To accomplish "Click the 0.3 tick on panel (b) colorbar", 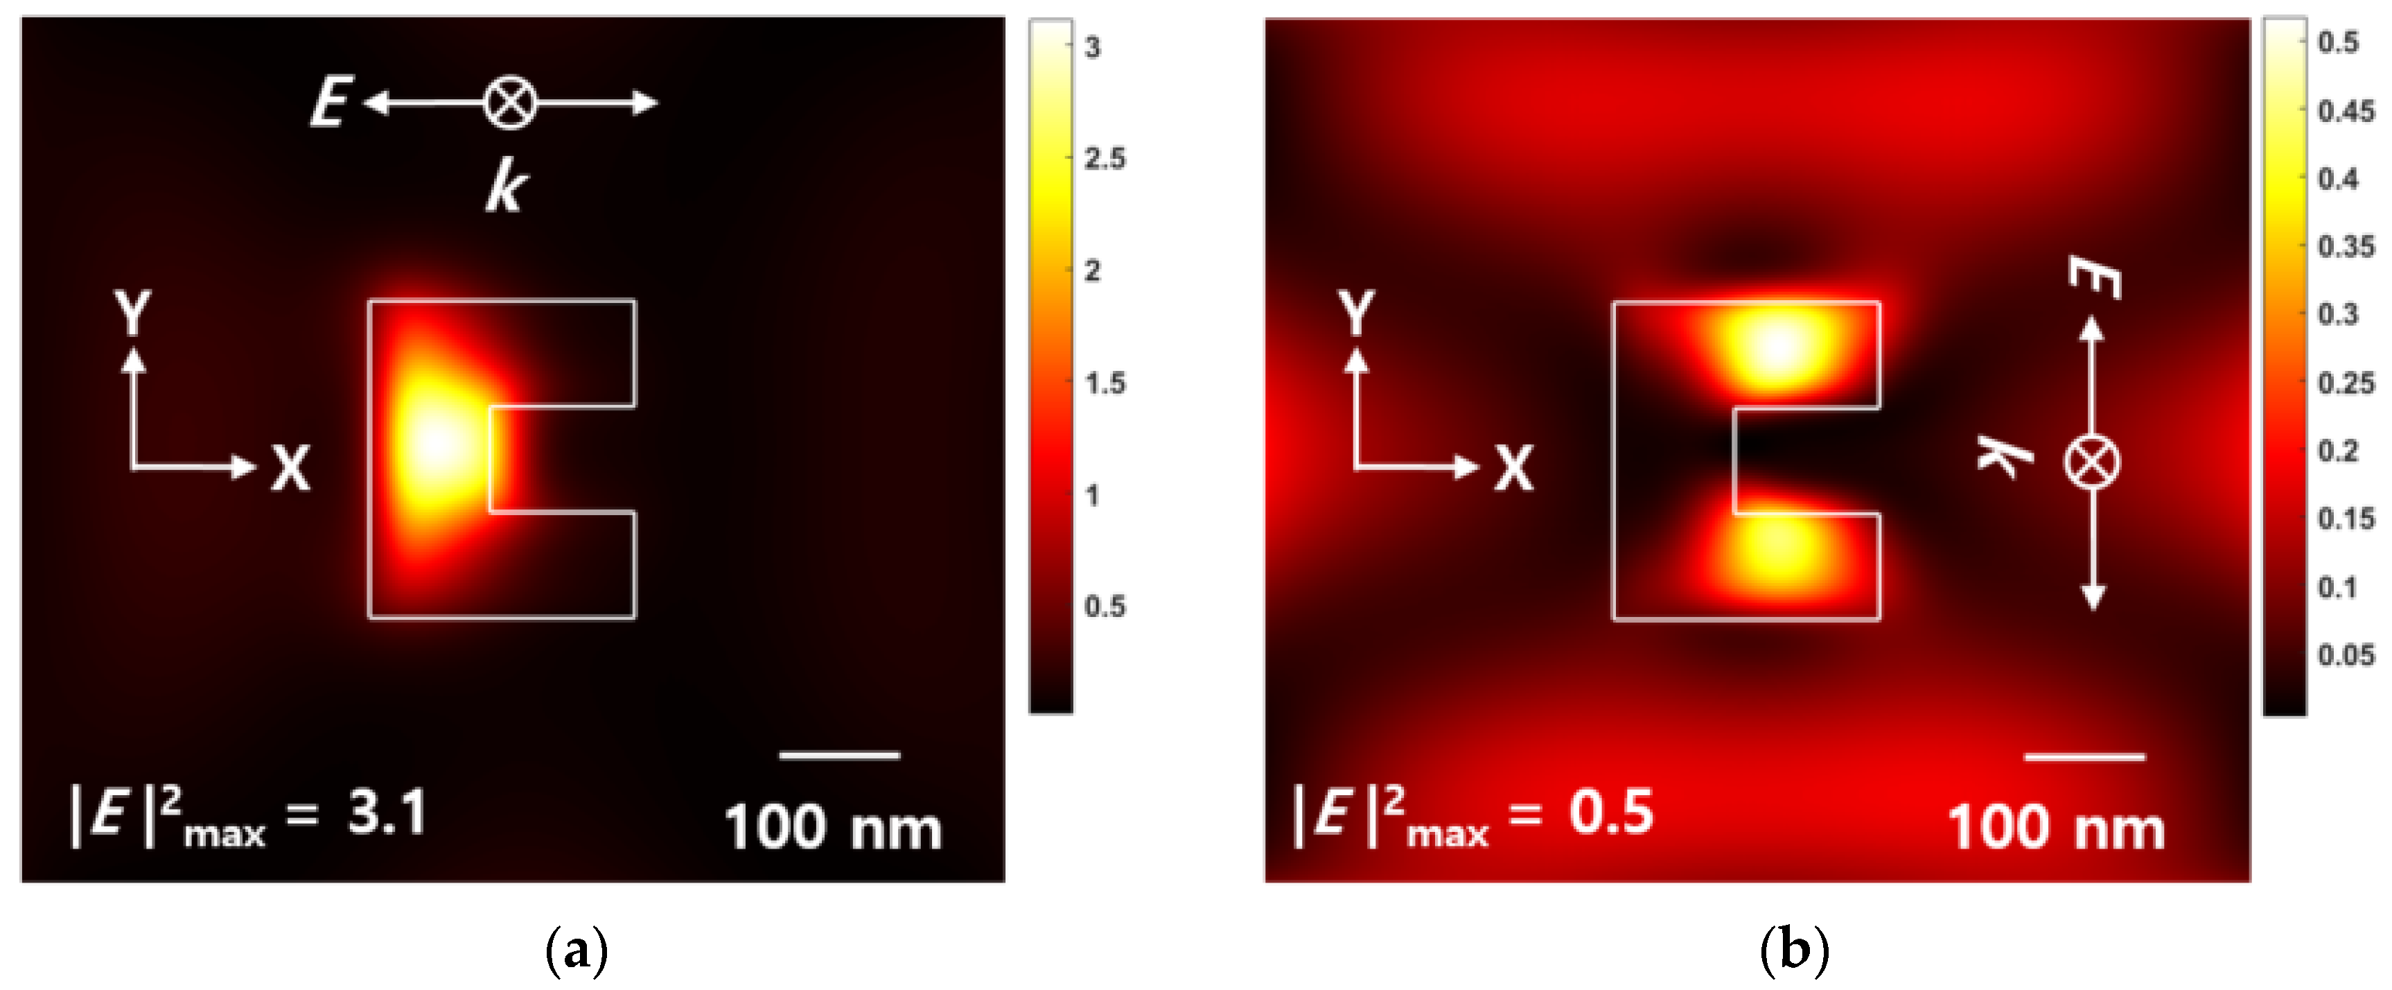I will (2338, 314).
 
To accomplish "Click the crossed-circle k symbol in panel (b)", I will (2091, 462).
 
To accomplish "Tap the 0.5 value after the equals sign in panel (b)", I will (1611, 812).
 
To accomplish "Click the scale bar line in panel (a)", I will (838, 755).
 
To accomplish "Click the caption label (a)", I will (577, 950).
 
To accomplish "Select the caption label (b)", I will (1794, 950).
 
